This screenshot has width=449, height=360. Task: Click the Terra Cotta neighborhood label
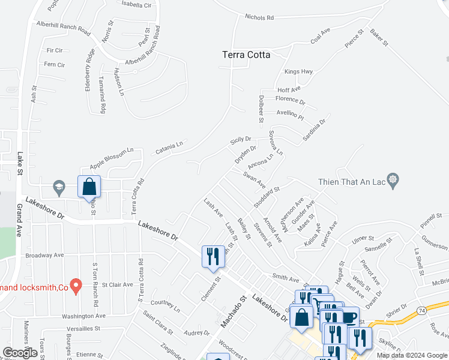click(246, 55)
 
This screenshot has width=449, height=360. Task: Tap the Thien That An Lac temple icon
click(393, 179)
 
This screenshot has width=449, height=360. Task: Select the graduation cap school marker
click(59, 187)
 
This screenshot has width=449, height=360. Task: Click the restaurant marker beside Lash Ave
click(213, 256)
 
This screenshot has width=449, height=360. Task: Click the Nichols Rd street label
click(259, 17)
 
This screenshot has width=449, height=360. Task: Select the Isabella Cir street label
click(137, 5)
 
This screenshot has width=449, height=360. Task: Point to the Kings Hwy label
click(299, 72)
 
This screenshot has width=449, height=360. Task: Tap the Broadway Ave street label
click(44, 255)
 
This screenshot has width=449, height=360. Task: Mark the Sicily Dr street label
click(241, 141)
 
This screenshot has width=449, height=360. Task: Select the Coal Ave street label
click(321, 35)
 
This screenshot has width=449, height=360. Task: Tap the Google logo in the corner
click(20, 352)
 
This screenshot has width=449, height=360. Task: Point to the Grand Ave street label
click(20, 220)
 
